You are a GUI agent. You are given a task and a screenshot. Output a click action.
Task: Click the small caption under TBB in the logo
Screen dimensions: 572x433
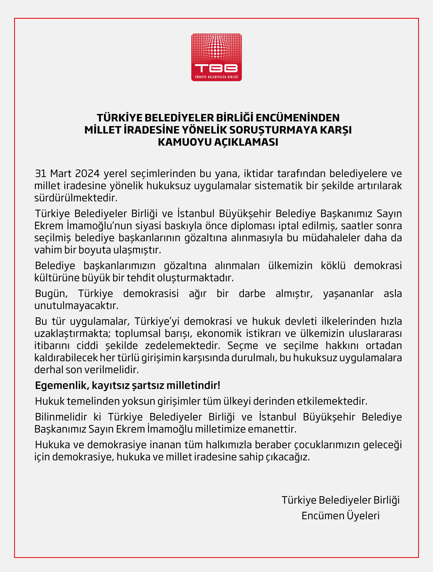click(x=216, y=77)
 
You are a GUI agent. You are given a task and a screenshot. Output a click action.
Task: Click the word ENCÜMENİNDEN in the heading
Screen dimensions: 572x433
click(x=298, y=118)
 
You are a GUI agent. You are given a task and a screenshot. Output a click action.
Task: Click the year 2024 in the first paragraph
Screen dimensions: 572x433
click(x=87, y=174)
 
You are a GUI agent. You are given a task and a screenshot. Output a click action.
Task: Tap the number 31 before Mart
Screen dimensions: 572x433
click(x=41, y=174)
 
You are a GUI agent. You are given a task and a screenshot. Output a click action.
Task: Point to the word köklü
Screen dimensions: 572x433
click(x=333, y=266)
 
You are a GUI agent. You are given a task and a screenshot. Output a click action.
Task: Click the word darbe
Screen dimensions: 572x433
click(x=252, y=294)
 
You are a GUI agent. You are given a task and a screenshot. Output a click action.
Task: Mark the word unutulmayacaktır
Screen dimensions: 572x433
click(x=76, y=306)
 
